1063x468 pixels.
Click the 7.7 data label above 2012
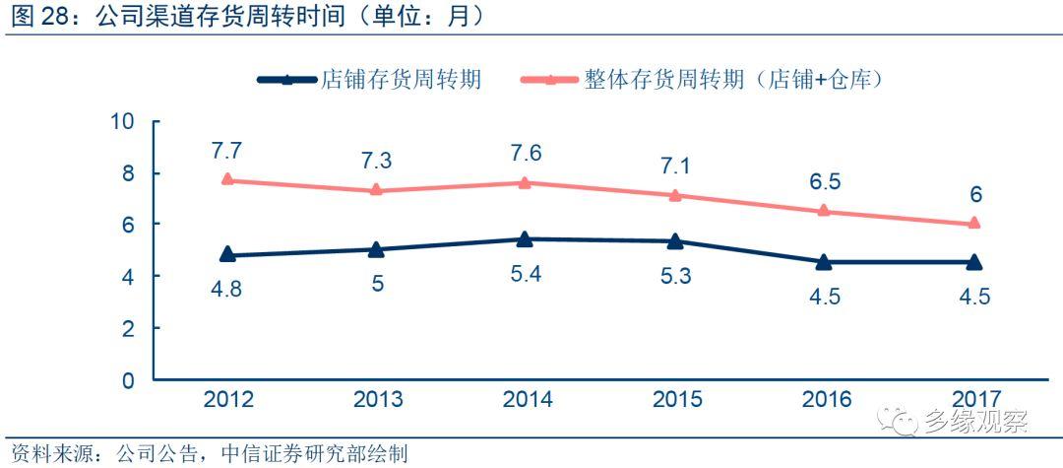(x=227, y=152)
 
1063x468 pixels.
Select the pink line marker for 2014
(x=526, y=182)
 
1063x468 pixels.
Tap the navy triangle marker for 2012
(x=227, y=254)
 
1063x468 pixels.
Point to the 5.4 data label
(x=526, y=274)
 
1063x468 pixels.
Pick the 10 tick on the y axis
(x=123, y=121)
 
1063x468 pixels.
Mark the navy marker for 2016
(x=823, y=261)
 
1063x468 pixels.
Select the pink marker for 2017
(x=973, y=224)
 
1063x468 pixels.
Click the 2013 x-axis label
(x=376, y=399)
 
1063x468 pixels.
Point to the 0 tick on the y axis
(x=128, y=379)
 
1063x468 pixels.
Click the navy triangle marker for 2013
(x=376, y=249)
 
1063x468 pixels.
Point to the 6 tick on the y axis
(x=128, y=225)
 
